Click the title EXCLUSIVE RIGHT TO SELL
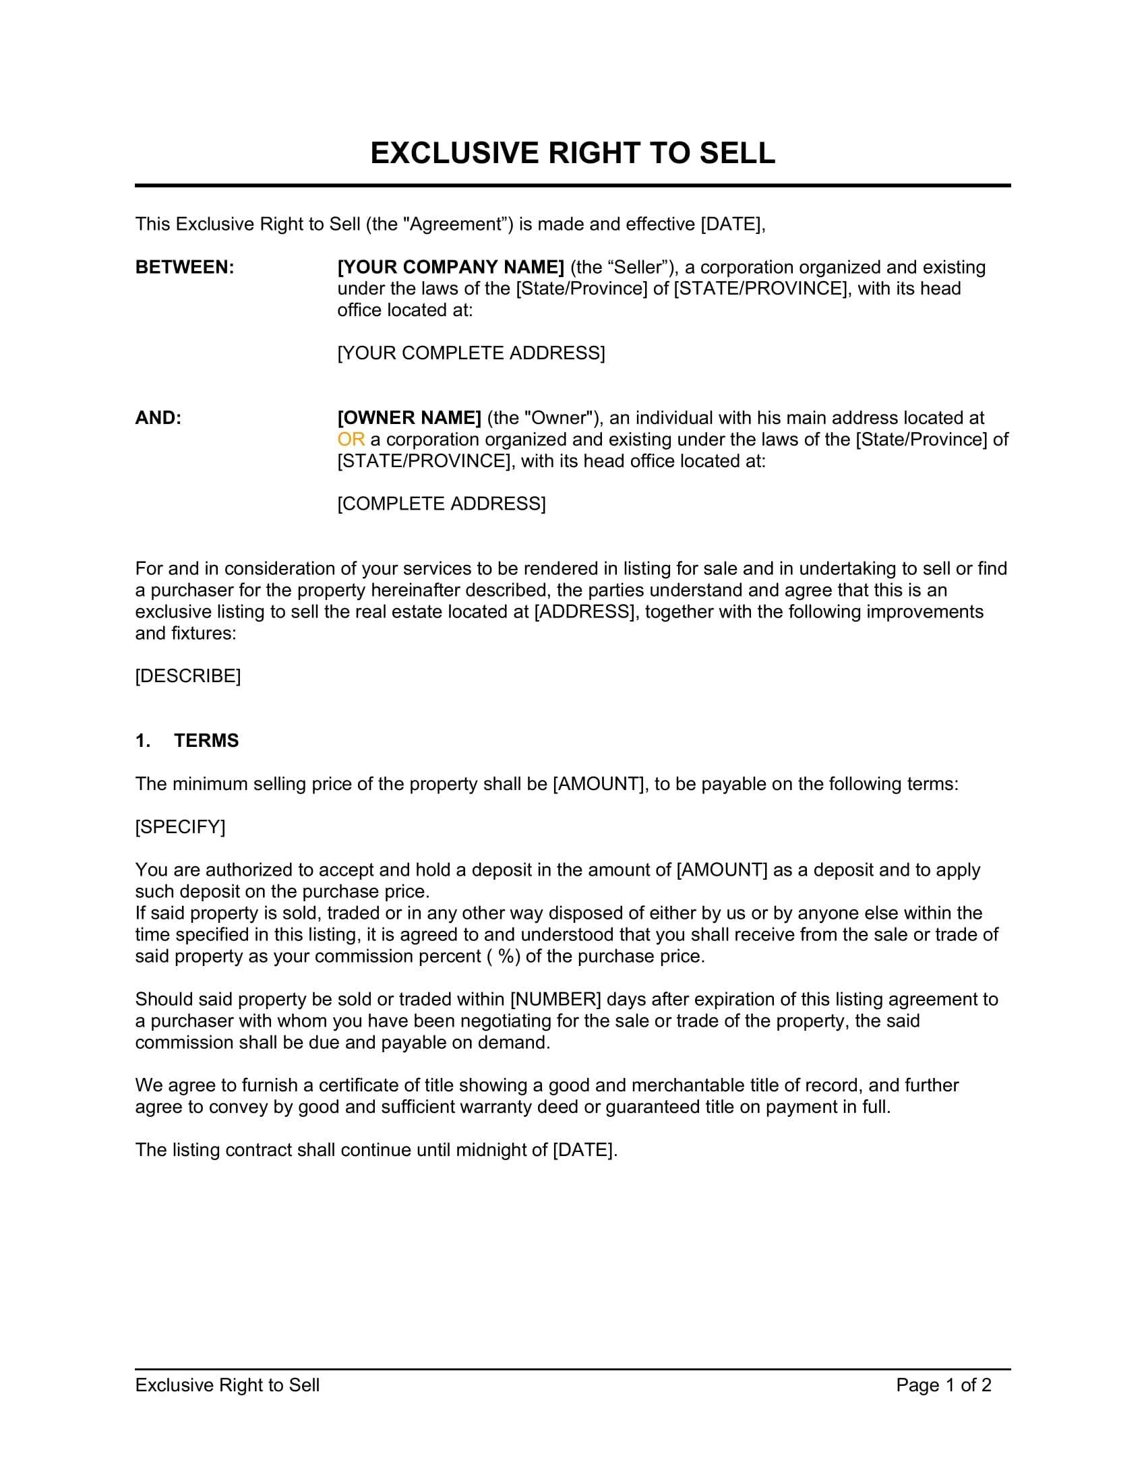(x=572, y=153)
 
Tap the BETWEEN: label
(x=185, y=268)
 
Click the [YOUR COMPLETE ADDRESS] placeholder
(x=471, y=353)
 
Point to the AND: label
(x=158, y=419)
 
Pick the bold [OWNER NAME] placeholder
(x=409, y=419)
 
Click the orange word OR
(x=351, y=440)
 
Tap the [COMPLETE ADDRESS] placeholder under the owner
(x=442, y=504)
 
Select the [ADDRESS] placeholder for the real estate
(x=586, y=612)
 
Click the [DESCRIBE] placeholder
(x=188, y=676)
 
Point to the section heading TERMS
(x=206, y=741)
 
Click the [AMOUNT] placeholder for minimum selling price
(x=598, y=784)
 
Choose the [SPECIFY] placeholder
(x=180, y=827)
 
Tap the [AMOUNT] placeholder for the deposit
(x=722, y=870)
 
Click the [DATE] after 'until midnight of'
(x=584, y=1150)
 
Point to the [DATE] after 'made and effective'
(x=731, y=224)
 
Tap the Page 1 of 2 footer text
(x=944, y=1385)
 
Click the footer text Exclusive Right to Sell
(x=227, y=1385)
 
